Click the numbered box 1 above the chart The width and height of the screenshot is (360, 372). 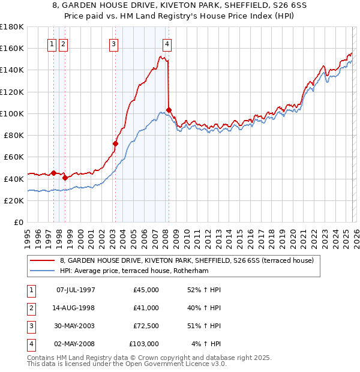[x=52, y=43]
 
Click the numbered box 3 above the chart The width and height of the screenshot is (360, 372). [x=113, y=43]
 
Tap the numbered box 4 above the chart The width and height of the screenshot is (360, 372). [x=167, y=43]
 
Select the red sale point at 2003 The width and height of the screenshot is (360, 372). [x=116, y=143]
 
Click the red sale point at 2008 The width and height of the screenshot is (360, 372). [x=169, y=110]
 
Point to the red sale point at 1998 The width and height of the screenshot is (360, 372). [x=65, y=178]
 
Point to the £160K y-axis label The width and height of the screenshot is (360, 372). [x=11, y=48]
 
